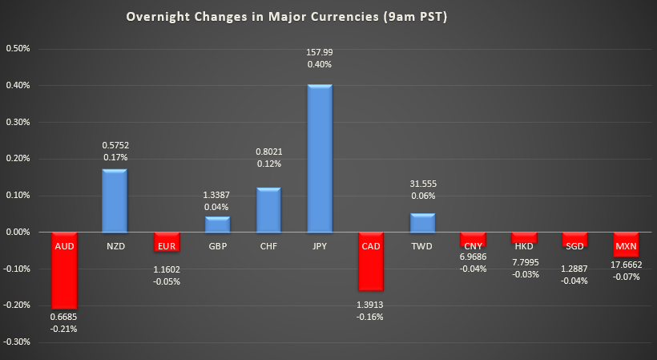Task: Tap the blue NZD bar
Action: [x=114, y=200]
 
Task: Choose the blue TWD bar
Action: [x=421, y=223]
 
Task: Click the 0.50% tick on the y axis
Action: [x=17, y=48]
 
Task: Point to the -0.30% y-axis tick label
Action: [x=17, y=342]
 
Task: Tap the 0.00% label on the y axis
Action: [x=17, y=233]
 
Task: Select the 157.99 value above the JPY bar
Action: [x=319, y=52]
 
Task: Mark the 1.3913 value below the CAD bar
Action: [x=370, y=304]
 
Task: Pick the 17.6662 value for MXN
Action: [x=627, y=265]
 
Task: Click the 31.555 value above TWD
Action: [x=421, y=184]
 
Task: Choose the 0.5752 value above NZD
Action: [x=114, y=145]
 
